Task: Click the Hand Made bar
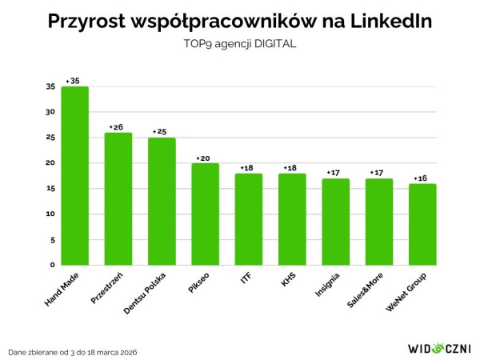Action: (74, 176)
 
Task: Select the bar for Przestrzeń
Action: (118, 199)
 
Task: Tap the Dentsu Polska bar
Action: (162, 202)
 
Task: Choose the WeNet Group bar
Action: (422, 225)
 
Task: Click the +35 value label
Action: (74, 81)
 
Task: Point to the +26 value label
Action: (117, 126)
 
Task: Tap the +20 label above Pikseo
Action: (204, 158)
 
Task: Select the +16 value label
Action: (421, 178)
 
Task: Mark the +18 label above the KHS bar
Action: (291, 168)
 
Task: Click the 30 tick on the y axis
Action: (50, 112)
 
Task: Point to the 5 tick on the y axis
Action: (53, 239)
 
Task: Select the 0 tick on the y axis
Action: (53, 265)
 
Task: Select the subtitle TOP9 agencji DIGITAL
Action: (240, 45)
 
